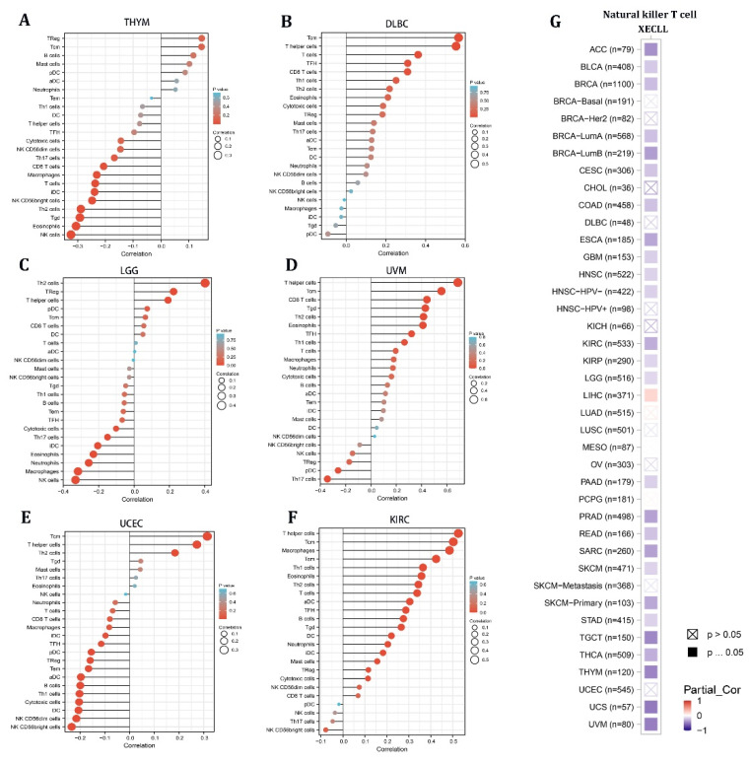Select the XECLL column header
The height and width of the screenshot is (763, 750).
(x=650, y=32)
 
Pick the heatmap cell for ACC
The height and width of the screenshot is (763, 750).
(x=650, y=50)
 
